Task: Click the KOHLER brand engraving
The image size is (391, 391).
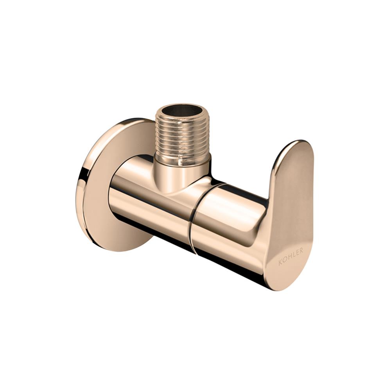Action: pyautogui.click(x=291, y=256)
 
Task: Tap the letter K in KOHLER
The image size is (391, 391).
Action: pyautogui.click(x=280, y=262)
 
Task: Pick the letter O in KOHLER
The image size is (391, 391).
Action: pyautogui.click(x=284, y=260)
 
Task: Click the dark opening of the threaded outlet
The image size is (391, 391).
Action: pyautogui.click(x=183, y=111)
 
